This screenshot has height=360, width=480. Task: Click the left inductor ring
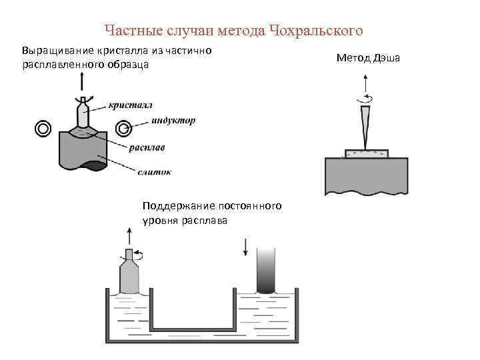(44, 129)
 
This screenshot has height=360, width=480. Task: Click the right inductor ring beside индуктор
(123, 129)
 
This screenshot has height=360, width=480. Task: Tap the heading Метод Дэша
(368, 59)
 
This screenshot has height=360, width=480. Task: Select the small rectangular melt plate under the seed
(365, 154)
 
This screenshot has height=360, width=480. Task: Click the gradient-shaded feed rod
(266, 270)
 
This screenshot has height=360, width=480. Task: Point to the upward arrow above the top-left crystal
(81, 82)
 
